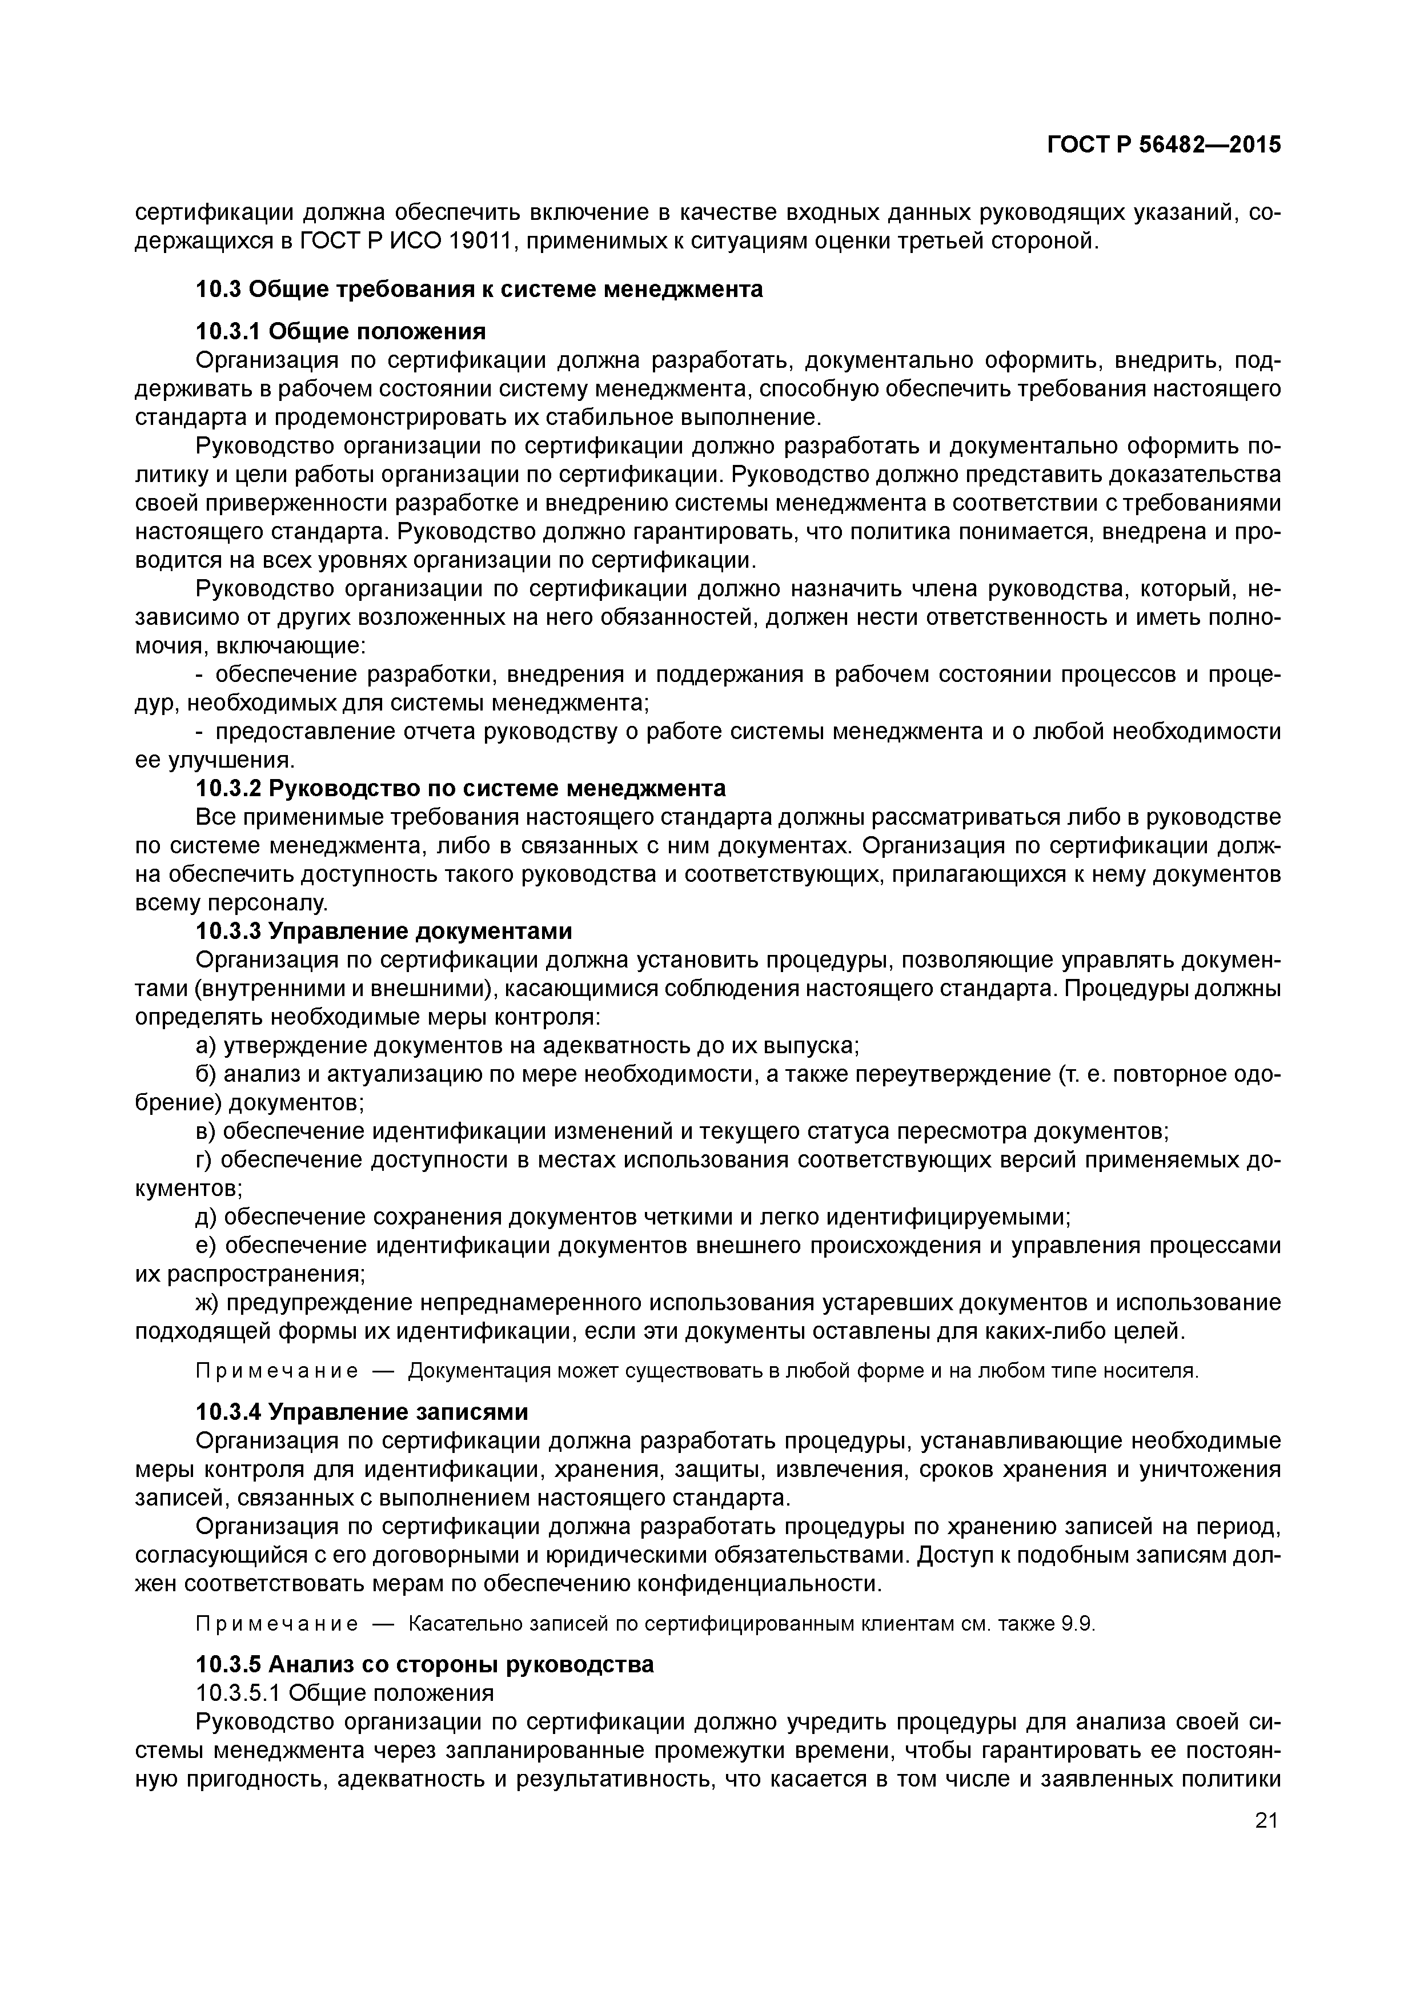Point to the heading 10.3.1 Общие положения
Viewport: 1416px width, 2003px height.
[340, 331]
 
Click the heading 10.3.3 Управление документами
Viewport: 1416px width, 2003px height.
[384, 932]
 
